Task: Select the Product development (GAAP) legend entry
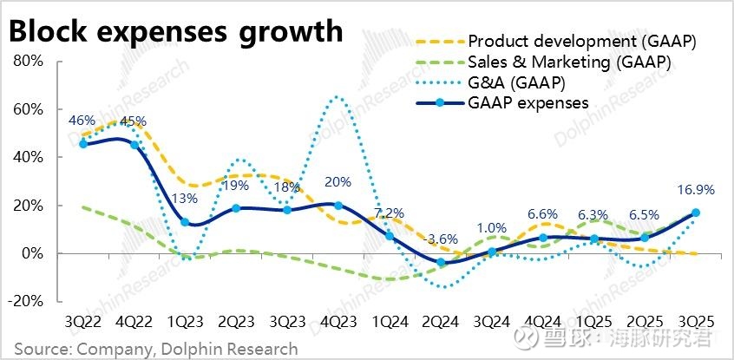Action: (x=581, y=42)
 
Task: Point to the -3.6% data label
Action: (x=441, y=239)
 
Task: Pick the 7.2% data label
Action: (x=390, y=213)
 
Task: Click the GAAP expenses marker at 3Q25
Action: (x=696, y=213)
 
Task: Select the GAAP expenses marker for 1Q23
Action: (x=185, y=222)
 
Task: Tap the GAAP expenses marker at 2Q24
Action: (x=441, y=262)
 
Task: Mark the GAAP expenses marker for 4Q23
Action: (x=338, y=206)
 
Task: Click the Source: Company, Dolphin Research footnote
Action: (x=155, y=349)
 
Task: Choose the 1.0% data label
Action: (x=491, y=228)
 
